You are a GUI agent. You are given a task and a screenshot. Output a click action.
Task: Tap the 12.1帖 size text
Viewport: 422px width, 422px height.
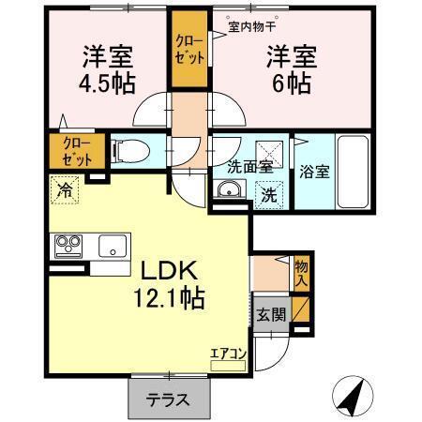[x=168, y=300]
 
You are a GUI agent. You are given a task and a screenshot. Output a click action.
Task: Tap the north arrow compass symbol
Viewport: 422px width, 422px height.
[x=350, y=398]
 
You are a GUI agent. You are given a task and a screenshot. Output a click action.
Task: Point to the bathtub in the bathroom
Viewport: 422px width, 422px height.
[x=353, y=173]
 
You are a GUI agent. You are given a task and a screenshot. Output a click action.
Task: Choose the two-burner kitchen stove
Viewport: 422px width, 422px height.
[x=68, y=247]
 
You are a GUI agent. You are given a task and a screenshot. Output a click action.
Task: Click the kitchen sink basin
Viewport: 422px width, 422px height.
[x=113, y=247]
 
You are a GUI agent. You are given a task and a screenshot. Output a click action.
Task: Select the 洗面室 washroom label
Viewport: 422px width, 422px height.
[x=250, y=168]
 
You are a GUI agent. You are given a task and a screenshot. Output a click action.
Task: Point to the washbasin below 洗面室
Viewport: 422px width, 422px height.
[x=229, y=192]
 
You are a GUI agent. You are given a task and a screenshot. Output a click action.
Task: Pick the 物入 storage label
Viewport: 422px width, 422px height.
[x=300, y=273]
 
